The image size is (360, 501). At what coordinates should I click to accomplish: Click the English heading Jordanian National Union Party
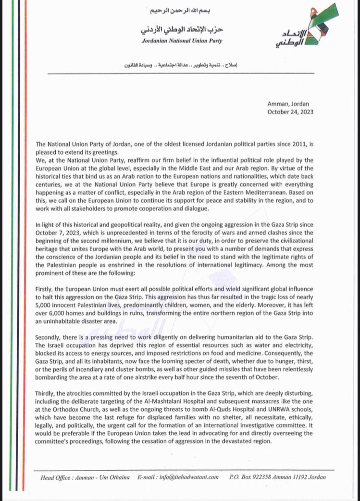click(x=182, y=41)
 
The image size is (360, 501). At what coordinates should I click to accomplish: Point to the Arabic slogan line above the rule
click(x=182, y=64)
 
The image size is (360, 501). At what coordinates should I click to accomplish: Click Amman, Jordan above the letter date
click(x=288, y=104)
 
